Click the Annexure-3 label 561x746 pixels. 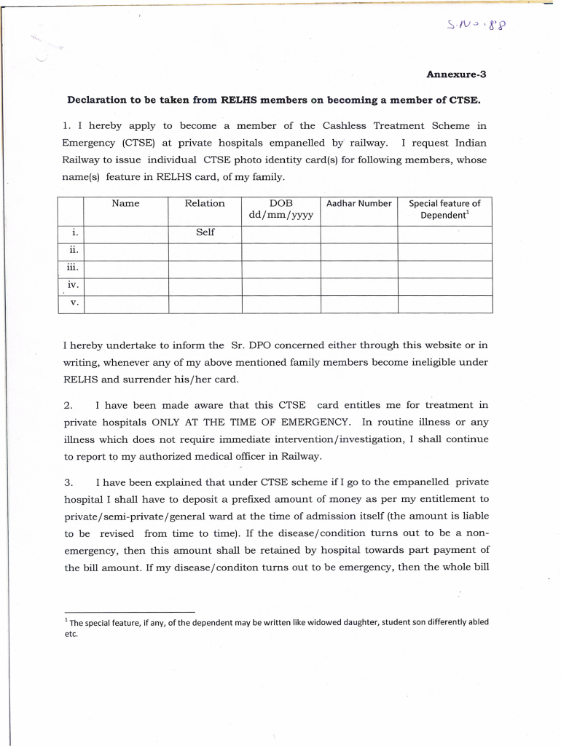pos(455,74)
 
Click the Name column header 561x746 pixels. pos(125,203)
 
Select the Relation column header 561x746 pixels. pos(205,203)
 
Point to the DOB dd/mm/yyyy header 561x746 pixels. pos(280,210)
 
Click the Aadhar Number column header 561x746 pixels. pos(358,203)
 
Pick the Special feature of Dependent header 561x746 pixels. pos(444,210)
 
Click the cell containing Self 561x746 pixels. pos(205,232)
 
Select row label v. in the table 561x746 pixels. pos(74,302)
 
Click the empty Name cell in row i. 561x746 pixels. pos(125,233)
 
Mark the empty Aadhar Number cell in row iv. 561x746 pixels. pos(358,286)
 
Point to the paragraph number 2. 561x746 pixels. pos(68,405)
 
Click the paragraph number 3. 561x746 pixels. pos(68,482)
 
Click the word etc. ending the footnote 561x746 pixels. pos(70,634)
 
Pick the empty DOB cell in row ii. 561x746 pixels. pos(280,251)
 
